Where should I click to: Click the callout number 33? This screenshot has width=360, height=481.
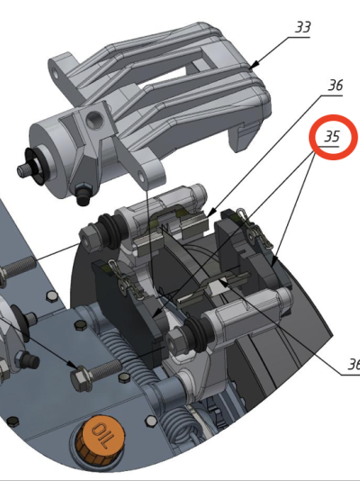[302, 27]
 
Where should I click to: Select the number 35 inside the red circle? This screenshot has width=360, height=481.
[332, 137]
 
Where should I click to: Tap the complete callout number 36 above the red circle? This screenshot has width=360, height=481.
[335, 85]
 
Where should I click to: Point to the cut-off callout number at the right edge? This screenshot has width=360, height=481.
[354, 365]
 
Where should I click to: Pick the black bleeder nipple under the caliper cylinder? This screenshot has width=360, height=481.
[82, 195]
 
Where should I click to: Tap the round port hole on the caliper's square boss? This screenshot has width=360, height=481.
[92, 119]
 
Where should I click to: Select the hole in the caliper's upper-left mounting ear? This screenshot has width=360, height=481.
[55, 74]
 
